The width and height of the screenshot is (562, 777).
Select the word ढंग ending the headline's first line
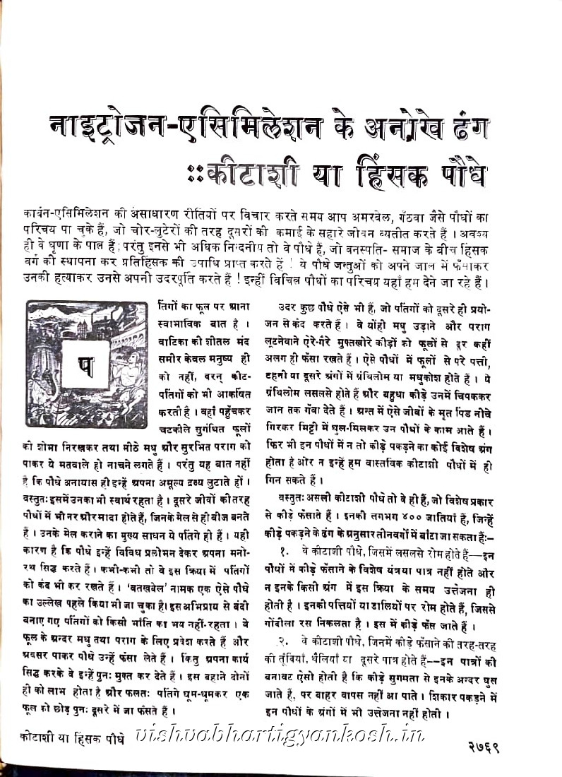coord(462,129)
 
